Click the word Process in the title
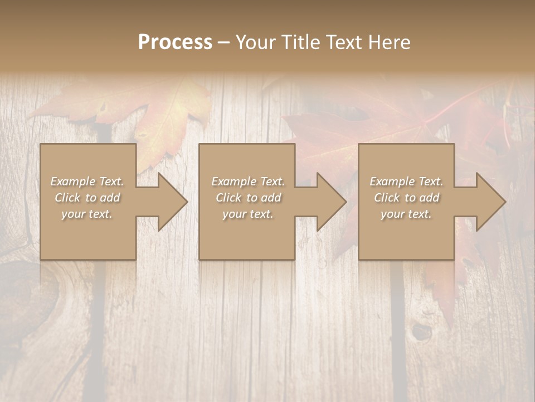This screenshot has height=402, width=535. tap(175, 42)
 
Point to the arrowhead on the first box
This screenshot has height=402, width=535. tap(169, 202)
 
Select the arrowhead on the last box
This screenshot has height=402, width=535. tap(488, 202)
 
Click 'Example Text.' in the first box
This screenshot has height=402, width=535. tap(87, 181)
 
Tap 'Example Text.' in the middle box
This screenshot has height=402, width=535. tap(247, 181)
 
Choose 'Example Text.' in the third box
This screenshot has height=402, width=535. tap(406, 181)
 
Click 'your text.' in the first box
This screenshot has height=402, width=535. tap(87, 214)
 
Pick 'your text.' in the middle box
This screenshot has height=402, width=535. tap(247, 214)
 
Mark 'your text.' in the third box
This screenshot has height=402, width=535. tap(406, 214)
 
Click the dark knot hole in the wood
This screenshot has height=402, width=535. tap(422, 332)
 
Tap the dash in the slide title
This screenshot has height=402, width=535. tap(224, 43)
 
